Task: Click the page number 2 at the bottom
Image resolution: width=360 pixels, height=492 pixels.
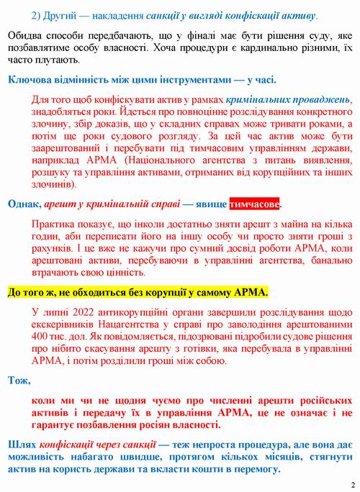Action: [352, 484]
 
